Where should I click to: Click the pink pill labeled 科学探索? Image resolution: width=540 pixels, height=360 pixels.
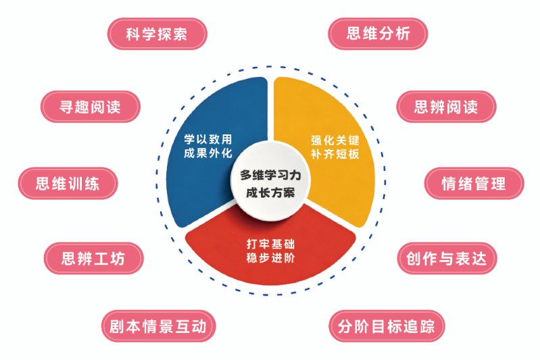point(157,34)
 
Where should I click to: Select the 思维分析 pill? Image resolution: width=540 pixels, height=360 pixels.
point(378,34)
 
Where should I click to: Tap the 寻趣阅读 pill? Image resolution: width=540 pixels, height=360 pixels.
point(91,107)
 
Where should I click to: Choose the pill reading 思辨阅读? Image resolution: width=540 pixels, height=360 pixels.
point(446,107)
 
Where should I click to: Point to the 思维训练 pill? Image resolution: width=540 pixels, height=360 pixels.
point(68,184)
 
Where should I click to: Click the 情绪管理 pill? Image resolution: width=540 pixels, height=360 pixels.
point(474,184)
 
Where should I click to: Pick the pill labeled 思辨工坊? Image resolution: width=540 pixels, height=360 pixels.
point(94,259)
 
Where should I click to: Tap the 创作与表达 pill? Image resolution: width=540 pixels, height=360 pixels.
point(447,259)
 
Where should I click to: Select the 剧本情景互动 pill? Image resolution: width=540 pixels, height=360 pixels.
point(158,326)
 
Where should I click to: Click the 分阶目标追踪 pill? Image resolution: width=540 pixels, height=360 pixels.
point(387,326)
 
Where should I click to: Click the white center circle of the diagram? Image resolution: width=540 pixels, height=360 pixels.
point(271,181)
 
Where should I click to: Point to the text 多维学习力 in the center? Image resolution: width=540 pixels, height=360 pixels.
point(271,175)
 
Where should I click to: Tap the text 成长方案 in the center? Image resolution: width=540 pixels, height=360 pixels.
point(271,192)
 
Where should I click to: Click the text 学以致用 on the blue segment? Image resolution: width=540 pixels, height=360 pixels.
point(208,139)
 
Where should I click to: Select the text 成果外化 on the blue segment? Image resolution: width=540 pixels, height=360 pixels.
point(208,153)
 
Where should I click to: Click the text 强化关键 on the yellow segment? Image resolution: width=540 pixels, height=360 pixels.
point(335,140)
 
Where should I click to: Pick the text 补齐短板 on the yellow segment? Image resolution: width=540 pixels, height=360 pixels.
point(335,154)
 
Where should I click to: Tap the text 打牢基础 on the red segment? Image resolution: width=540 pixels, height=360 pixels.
point(271,244)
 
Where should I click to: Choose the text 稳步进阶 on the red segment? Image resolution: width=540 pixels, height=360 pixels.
point(271,258)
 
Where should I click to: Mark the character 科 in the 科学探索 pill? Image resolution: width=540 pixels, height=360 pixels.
point(132,34)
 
